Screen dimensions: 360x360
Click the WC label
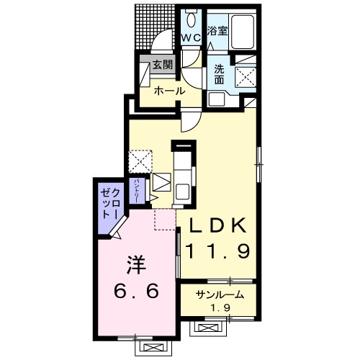pyautogui.click(x=191, y=37)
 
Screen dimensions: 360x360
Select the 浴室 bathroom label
pyautogui.click(x=217, y=31)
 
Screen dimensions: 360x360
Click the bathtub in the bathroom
pyautogui.click(x=242, y=32)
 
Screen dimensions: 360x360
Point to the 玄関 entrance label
pyautogui.click(x=163, y=65)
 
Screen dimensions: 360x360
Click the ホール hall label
pyautogui.click(x=169, y=91)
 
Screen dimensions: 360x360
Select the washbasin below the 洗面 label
pyautogui.click(x=217, y=99)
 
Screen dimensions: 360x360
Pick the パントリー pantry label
pyautogui.click(x=138, y=191)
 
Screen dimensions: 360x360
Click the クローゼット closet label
pyautogui.click(x=110, y=204)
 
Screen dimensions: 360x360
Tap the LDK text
pyautogui.click(x=218, y=225)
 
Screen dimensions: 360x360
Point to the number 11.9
pyautogui.click(x=218, y=251)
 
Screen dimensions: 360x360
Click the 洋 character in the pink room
pyautogui.click(x=137, y=265)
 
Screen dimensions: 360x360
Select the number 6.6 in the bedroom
pyautogui.click(x=136, y=291)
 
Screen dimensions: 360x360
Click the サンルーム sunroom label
pyautogui.click(x=220, y=294)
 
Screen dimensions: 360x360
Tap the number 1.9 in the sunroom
pyautogui.click(x=220, y=307)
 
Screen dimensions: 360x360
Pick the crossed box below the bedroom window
pyautogui.click(x=153, y=347)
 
